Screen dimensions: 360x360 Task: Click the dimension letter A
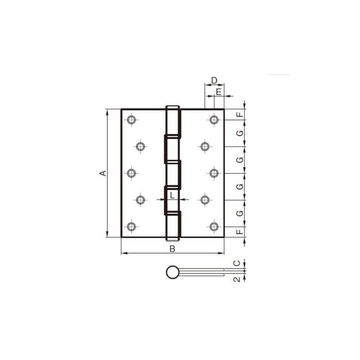click(x=103, y=173)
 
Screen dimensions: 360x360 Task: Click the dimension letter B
click(x=172, y=249)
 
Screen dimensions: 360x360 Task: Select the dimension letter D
click(x=214, y=81)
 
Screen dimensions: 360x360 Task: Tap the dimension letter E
click(x=219, y=92)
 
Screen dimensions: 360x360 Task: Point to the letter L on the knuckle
click(x=172, y=195)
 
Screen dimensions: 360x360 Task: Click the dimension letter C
click(x=237, y=263)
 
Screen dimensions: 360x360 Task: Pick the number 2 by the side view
click(x=237, y=279)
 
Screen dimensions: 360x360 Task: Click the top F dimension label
click(x=240, y=114)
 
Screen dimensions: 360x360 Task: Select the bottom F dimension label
click(x=240, y=232)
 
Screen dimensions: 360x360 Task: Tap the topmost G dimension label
click(x=240, y=133)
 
